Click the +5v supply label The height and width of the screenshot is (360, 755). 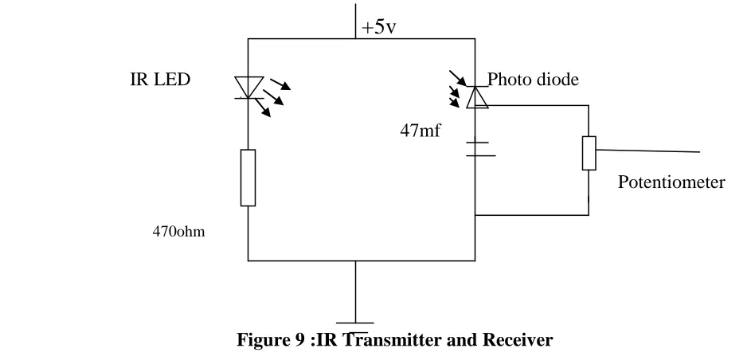(378, 27)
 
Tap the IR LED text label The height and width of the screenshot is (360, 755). (160, 80)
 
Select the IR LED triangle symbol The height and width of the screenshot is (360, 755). (249, 87)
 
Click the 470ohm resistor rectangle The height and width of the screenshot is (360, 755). (248, 178)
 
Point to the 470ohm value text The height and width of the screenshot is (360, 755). (178, 232)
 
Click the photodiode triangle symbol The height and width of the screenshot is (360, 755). (477, 97)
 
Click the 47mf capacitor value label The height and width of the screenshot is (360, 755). (420, 131)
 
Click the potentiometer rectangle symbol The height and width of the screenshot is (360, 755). (589, 153)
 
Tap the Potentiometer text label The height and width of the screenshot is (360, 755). (671, 182)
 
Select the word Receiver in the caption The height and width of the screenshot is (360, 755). (518, 340)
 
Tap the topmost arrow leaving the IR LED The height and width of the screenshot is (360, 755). (280, 84)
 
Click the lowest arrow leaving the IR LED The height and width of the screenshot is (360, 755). (263, 108)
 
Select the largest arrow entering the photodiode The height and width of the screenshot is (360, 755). (457, 78)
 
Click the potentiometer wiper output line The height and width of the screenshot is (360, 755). (647, 151)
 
